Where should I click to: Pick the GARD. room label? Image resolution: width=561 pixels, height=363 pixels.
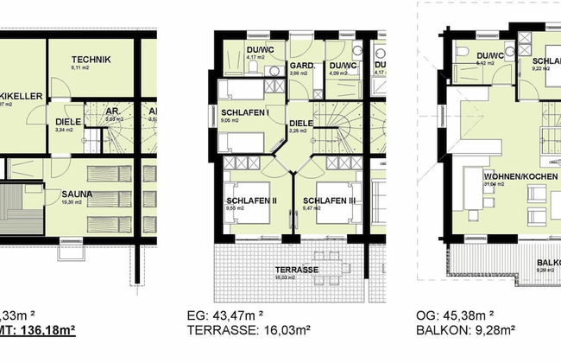(x=299, y=66)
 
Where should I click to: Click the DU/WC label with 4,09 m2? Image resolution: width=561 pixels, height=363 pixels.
(x=342, y=66)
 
